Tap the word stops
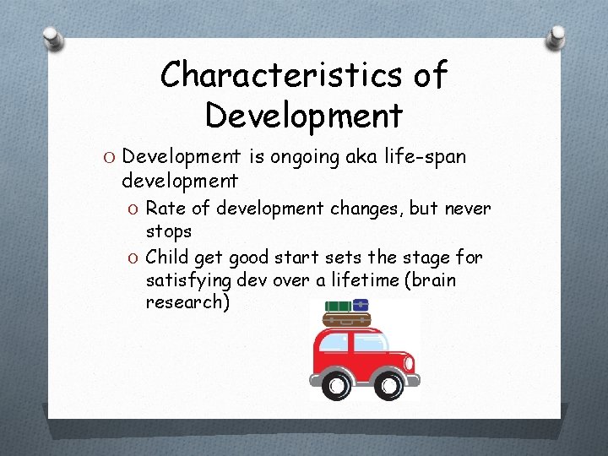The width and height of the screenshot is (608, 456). [x=169, y=231]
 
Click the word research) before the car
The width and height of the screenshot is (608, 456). [x=187, y=301]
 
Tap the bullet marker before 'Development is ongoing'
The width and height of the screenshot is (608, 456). [x=111, y=158]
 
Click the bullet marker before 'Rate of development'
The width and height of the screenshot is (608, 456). [x=133, y=209]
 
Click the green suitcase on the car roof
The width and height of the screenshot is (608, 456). [x=338, y=307]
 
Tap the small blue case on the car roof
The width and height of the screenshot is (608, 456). [x=361, y=305]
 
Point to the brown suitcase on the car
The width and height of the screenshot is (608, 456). [x=347, y=320]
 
